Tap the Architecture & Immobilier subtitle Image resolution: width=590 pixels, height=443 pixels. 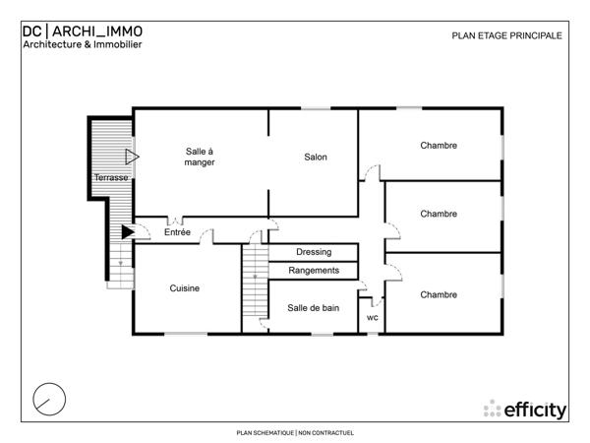pos(83,44)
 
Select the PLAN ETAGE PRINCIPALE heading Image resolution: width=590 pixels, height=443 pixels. pos(506,35)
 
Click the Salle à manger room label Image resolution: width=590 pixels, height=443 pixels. pos(200,157)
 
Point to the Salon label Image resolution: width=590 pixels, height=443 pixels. pos(315,157)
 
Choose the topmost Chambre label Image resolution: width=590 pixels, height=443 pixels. pos(439,146)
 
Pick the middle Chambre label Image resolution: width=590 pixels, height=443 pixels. pos(439,214)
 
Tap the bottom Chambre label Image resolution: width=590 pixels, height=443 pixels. pos(439,294)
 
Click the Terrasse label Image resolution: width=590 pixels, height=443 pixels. pos(110,177)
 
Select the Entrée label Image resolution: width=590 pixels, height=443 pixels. pos(178,232)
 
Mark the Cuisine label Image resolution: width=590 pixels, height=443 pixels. pos(185,288)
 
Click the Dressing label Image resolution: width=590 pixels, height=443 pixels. pos(314,252)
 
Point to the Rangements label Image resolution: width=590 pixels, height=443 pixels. pos(314,270)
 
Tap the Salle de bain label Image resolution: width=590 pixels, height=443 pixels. pos(314,308)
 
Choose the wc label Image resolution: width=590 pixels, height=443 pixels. pos(373,318)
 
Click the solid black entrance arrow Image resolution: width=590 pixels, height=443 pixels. pos(127,232)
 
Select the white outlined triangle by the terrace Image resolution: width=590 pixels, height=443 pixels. pos(131,157)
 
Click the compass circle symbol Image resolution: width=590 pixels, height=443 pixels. pos(50,399)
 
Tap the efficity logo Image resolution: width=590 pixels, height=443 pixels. pos(525,409)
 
